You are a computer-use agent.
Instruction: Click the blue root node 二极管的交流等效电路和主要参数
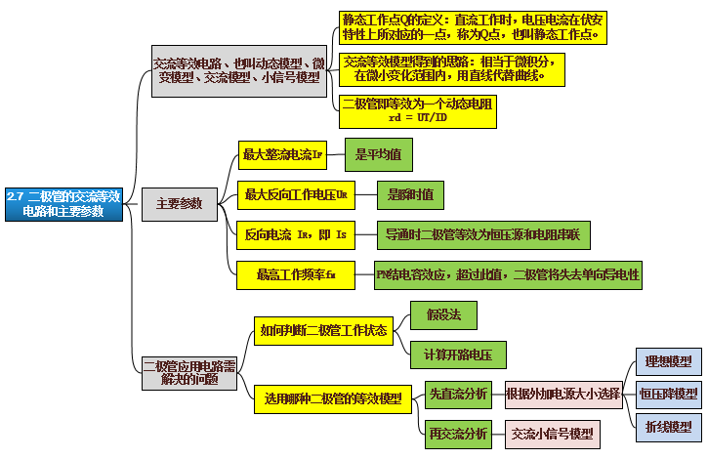tap(63, 203)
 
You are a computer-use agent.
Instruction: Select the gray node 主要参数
tap(180, 203)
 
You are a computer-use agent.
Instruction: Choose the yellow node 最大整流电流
tap(282, 154)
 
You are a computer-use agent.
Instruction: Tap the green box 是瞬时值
tap(411, 195)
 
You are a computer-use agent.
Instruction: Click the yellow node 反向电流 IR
tap(294, 235)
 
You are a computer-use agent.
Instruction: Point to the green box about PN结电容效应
tap(508, 275)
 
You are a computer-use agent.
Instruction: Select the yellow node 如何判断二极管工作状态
tap(323, 330)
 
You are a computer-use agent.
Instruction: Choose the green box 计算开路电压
tap(458, 353)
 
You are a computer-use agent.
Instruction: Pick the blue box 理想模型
tap(668, 361)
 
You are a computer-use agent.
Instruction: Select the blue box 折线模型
tap(668, 427)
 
